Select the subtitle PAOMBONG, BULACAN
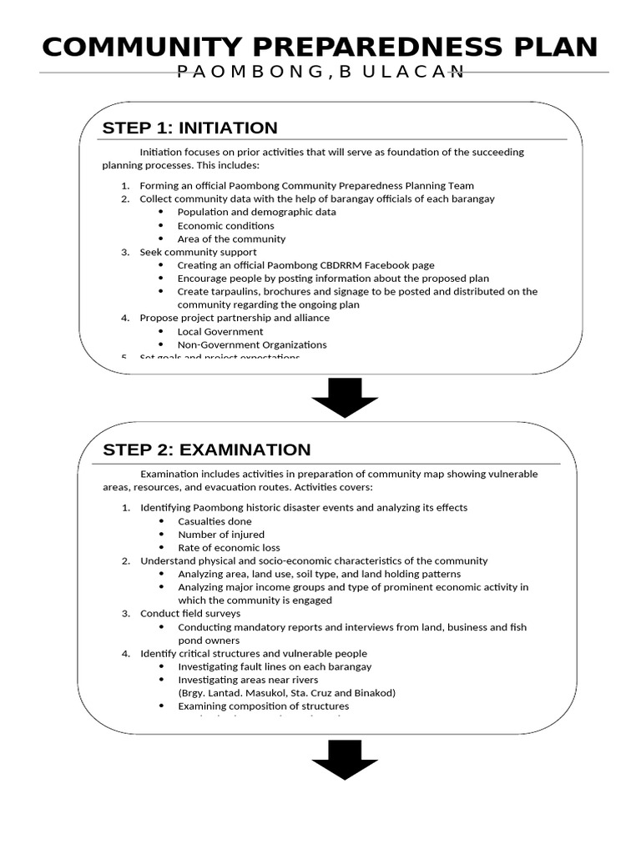(320, 73)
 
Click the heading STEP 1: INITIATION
(189, 128)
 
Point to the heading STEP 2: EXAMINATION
(206, 450)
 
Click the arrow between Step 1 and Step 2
(345, 398)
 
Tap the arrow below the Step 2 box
(345, 758)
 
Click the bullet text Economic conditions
(225, 225)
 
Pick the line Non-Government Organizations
(252, 344)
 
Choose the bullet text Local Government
(220, 331)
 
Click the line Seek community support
(198, 252)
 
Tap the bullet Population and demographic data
(257, 212)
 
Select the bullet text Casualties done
(215, 521)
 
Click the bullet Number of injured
(221, 535)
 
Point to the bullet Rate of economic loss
(228, 548)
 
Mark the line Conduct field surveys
(190, 614)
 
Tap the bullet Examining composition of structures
(264, 706)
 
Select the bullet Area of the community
(231, 239)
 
